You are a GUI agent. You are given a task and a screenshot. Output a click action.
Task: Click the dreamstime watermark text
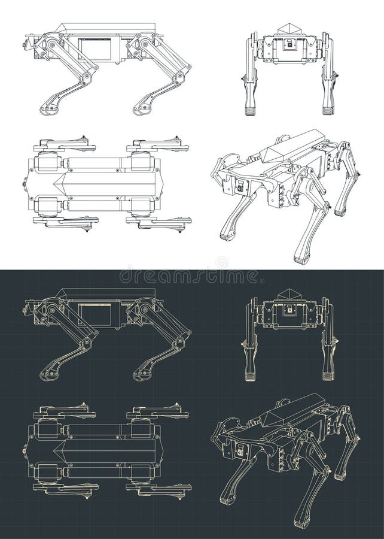click(x=190, y=277)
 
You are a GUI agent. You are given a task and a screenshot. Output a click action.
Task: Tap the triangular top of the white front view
click(x=290, y=29)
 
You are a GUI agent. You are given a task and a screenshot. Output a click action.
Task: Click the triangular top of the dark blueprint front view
click(x=290, y=293)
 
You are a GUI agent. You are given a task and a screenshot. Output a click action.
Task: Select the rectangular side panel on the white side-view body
click(x=95, y=49)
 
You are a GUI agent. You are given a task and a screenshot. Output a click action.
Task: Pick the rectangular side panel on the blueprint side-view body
click(x=95, y=314)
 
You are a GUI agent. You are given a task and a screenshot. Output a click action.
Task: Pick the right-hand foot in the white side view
click(x=141, y=110)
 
